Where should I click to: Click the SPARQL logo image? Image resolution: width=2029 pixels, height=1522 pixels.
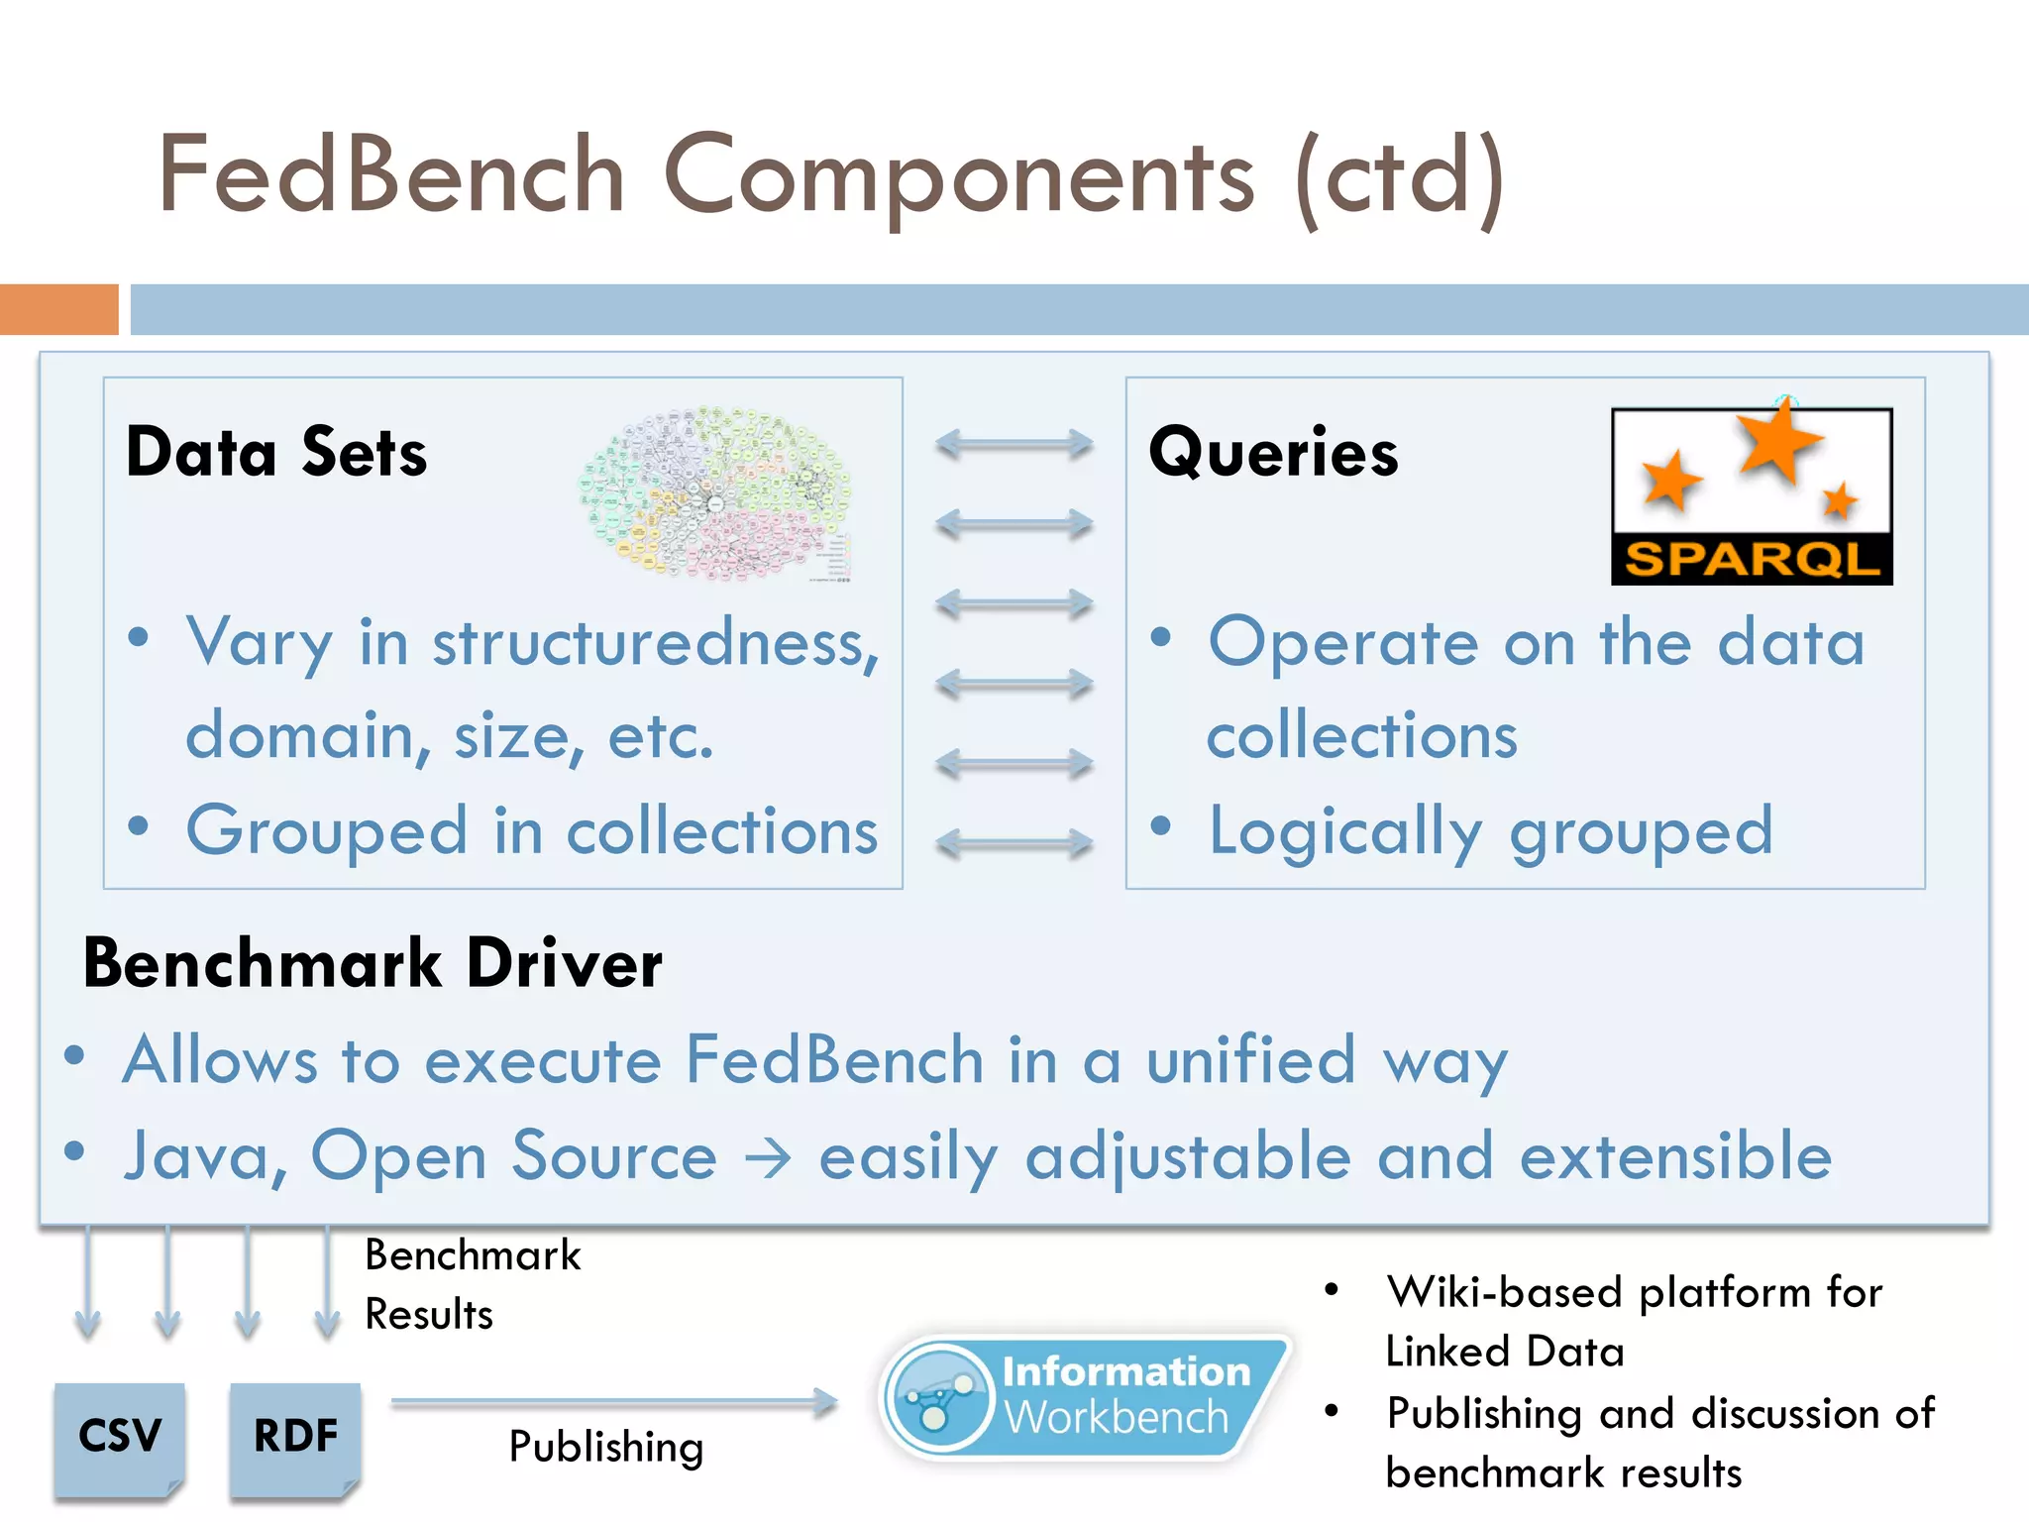coord(1751,495)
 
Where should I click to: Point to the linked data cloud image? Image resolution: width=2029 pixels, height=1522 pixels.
coord(715,492)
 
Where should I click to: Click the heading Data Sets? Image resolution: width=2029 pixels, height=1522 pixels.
coord(276,453)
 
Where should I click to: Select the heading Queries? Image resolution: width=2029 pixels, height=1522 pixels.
coord(1273,453)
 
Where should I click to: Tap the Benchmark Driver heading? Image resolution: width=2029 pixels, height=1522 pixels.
coord(373,963)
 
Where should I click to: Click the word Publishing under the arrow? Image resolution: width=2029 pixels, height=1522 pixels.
coord(606,1448)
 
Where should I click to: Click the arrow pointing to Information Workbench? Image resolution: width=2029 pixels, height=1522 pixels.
coord(614,1402)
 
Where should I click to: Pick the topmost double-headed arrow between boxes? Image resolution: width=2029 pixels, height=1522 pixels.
coord(1014,444)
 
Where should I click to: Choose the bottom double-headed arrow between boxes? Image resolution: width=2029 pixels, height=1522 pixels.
coord(1014,843)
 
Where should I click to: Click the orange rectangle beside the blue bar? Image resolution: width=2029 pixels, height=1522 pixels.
coord(59,309)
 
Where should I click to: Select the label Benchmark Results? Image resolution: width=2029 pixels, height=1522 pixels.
coord(472,1284)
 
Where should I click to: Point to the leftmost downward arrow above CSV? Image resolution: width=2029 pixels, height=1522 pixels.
coord(87,1283)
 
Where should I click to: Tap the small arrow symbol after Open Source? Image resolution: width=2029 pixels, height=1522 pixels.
coord(768,1157)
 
